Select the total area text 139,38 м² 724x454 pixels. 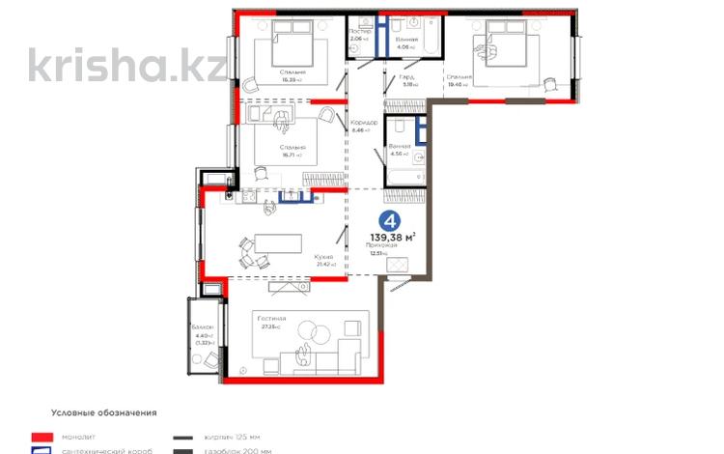coord(393,237)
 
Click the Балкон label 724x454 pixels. coord(203,328)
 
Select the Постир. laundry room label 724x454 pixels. coord(359,31)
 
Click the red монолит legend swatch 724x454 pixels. coord(40,437)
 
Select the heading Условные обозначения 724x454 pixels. coord(91,412)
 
